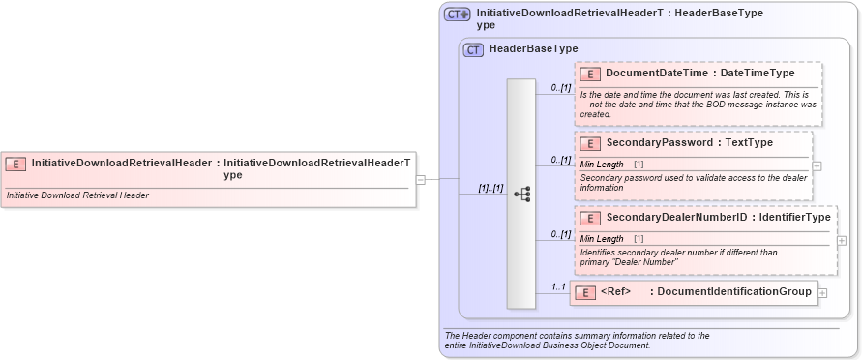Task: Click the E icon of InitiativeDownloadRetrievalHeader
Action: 15,164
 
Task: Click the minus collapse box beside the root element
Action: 421,179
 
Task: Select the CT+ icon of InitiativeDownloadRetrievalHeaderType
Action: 457,14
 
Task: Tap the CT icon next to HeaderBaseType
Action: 473,49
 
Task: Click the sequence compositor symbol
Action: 522,194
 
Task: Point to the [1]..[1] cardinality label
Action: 490,188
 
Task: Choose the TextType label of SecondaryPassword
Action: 748,143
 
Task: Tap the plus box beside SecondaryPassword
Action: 817,165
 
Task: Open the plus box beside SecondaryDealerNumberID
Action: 841,240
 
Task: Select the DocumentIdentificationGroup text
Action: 734,291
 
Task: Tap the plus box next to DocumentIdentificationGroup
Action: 822,292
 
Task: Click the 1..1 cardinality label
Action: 558,286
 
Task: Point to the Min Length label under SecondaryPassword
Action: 602,165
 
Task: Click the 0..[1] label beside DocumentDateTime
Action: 561,88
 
